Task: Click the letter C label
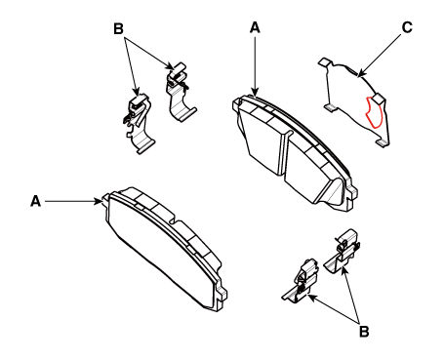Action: pos(407,27)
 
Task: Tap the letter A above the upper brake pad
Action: pos(255,27)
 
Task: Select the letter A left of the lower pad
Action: pos(35,201)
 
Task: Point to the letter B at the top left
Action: pos(118,28)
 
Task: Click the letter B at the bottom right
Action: pos(364,332)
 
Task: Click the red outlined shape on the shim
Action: pos(374,114)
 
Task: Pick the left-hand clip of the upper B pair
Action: pos(139,124)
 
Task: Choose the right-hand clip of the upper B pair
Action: pos(180,93)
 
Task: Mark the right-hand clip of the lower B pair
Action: pos(343,252)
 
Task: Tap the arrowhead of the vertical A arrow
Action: pos(255,93)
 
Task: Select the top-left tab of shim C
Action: pos(324,62)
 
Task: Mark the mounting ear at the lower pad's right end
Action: pos(222,295)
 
